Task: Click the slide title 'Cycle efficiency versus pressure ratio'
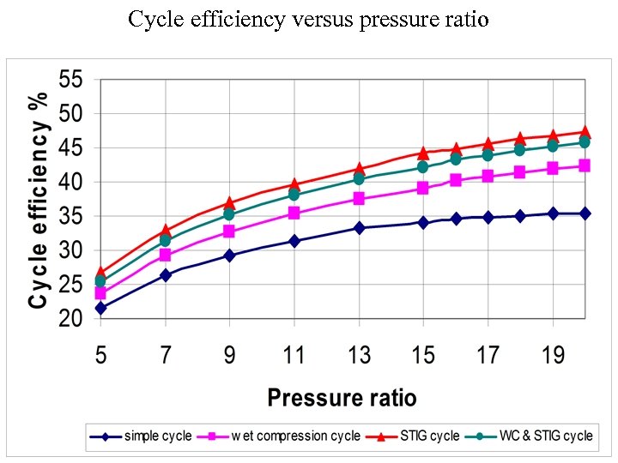coord(308,19)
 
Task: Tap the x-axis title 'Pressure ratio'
coord(342,397)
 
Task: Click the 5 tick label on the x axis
coord(100,354)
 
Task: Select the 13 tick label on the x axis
coord(359,354)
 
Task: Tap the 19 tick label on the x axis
coord(552,354)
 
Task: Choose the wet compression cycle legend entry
coord(284,436)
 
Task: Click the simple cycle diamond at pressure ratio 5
coord(100,308)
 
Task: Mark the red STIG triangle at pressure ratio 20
coord(585,132)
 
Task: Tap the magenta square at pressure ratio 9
coord(229,231)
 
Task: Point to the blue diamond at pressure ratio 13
coord(359,228)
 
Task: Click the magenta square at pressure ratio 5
coord(100,293)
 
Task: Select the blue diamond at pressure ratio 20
coord(585,213)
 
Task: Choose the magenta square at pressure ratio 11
coord(294,213)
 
